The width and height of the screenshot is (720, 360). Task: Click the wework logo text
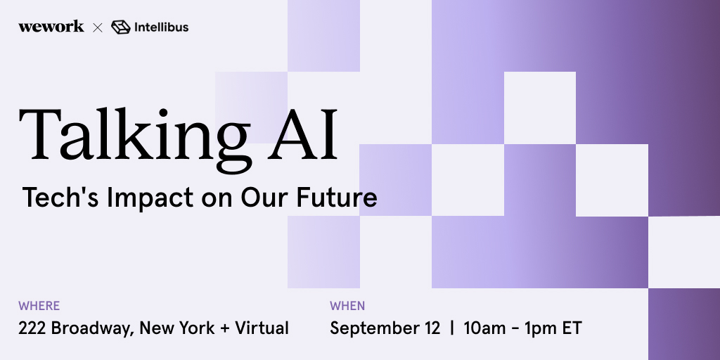[51, 27]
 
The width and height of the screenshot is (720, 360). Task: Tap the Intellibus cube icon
[121, 27]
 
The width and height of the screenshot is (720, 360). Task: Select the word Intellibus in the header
[161, 27]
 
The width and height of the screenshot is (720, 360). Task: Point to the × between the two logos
[98, 28]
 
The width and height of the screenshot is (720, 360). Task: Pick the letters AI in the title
[302, 134]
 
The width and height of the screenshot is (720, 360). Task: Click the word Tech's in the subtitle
[60, 198]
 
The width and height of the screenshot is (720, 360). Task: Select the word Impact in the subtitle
[150, 198]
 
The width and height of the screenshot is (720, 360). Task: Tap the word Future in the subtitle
[337, 198]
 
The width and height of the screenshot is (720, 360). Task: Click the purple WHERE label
[39, 306]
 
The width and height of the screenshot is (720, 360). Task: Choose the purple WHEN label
[347, 306]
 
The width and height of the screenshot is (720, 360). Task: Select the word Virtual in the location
[262, 328]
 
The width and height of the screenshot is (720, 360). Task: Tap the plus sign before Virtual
[224, 329]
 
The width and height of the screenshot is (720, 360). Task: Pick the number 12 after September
[431, 328]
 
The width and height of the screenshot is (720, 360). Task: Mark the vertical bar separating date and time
[452, 329]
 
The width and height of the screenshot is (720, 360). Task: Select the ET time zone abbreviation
[571, 328]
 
